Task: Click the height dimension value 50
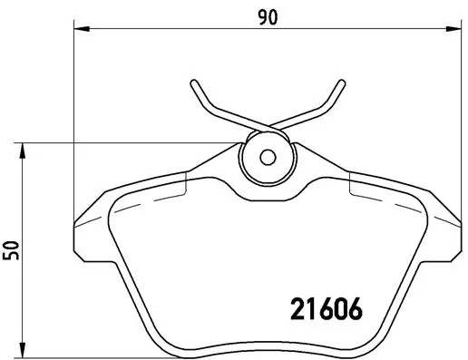12,248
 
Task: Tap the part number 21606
326,309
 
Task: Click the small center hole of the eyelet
267,156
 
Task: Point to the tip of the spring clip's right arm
343,83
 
